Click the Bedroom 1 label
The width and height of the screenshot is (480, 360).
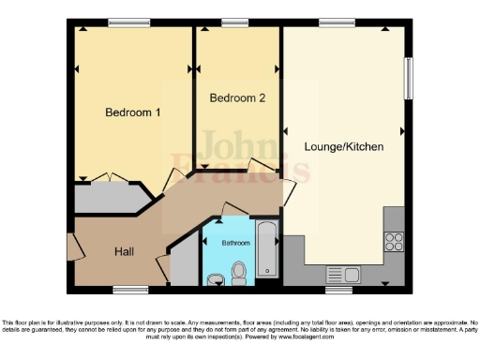pos(132,112)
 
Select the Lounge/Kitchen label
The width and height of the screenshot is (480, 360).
pos(343,147)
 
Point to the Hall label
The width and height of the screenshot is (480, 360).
pos(124,251)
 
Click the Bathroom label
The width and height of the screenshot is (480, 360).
pos(235,243)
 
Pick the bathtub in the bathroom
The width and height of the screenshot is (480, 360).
pos(267,250)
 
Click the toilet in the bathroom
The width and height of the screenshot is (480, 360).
pos(238,272)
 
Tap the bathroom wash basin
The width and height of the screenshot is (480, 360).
pos(217,277)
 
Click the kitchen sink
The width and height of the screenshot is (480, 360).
pos(344,275)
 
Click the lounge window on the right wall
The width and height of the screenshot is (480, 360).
pos(408,78)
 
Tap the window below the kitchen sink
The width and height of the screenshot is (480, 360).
pos(338,288)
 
